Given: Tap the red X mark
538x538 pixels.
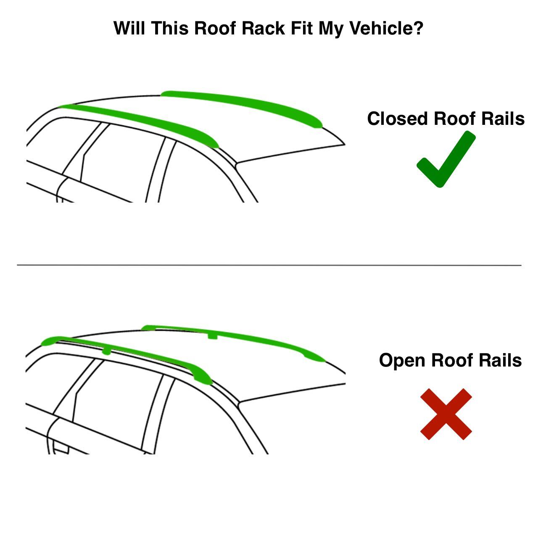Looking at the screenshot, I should (446, 414).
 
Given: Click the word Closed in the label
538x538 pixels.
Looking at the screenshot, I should (398, 119).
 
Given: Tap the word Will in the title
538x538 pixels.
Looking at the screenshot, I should (130, 29).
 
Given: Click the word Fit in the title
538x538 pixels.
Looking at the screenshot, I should (302, 29).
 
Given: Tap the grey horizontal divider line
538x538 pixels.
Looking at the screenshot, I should (269, 265).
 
